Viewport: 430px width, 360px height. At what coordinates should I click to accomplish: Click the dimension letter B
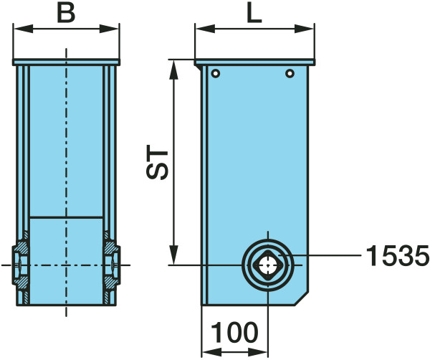pyautogui.click(x=66, y=14)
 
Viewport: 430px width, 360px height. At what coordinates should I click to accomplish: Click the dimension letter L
pyautogui.click(x=254, y=14)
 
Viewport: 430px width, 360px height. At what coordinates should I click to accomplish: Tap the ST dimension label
pyautogui.click(x=157, y=162)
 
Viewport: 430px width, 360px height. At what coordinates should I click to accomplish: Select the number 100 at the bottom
pyautogui.click(x=235, y=333)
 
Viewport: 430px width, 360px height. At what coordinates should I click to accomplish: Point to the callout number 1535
pyautogui.click(x=398, y=255)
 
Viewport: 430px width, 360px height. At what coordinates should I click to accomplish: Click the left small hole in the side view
pyautogui.click(x=216, y=73)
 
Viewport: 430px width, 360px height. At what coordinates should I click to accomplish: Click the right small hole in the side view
pyautogui.click(x=290, y=74)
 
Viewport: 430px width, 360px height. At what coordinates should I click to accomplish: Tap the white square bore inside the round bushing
pyautogui.click(x=268, y=265)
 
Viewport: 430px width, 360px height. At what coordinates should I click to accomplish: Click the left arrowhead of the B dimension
pyautogui.click(x=24, y=29)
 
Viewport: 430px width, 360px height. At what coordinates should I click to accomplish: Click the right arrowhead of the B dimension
pyautogui.click(x=109, y=29)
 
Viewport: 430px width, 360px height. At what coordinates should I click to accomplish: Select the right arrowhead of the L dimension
pyautogui.click(x=304, y=29)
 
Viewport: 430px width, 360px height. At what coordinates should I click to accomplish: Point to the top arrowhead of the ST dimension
pyautogui.click(x=173, y=70)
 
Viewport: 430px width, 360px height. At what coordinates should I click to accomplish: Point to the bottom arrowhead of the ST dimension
pyautogui.click(x=173, y=255)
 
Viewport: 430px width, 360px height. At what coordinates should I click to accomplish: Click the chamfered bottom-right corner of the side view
pyautogui.click(x=302, y=298)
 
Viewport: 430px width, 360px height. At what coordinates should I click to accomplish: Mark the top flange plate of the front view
pyautogui.click(x=66, y=62)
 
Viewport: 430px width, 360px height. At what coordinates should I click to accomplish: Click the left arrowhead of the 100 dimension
pyautogui.click(x=211, y=352)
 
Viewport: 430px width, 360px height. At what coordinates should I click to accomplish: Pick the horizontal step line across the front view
pyautogui.click(x=66, y=217)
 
